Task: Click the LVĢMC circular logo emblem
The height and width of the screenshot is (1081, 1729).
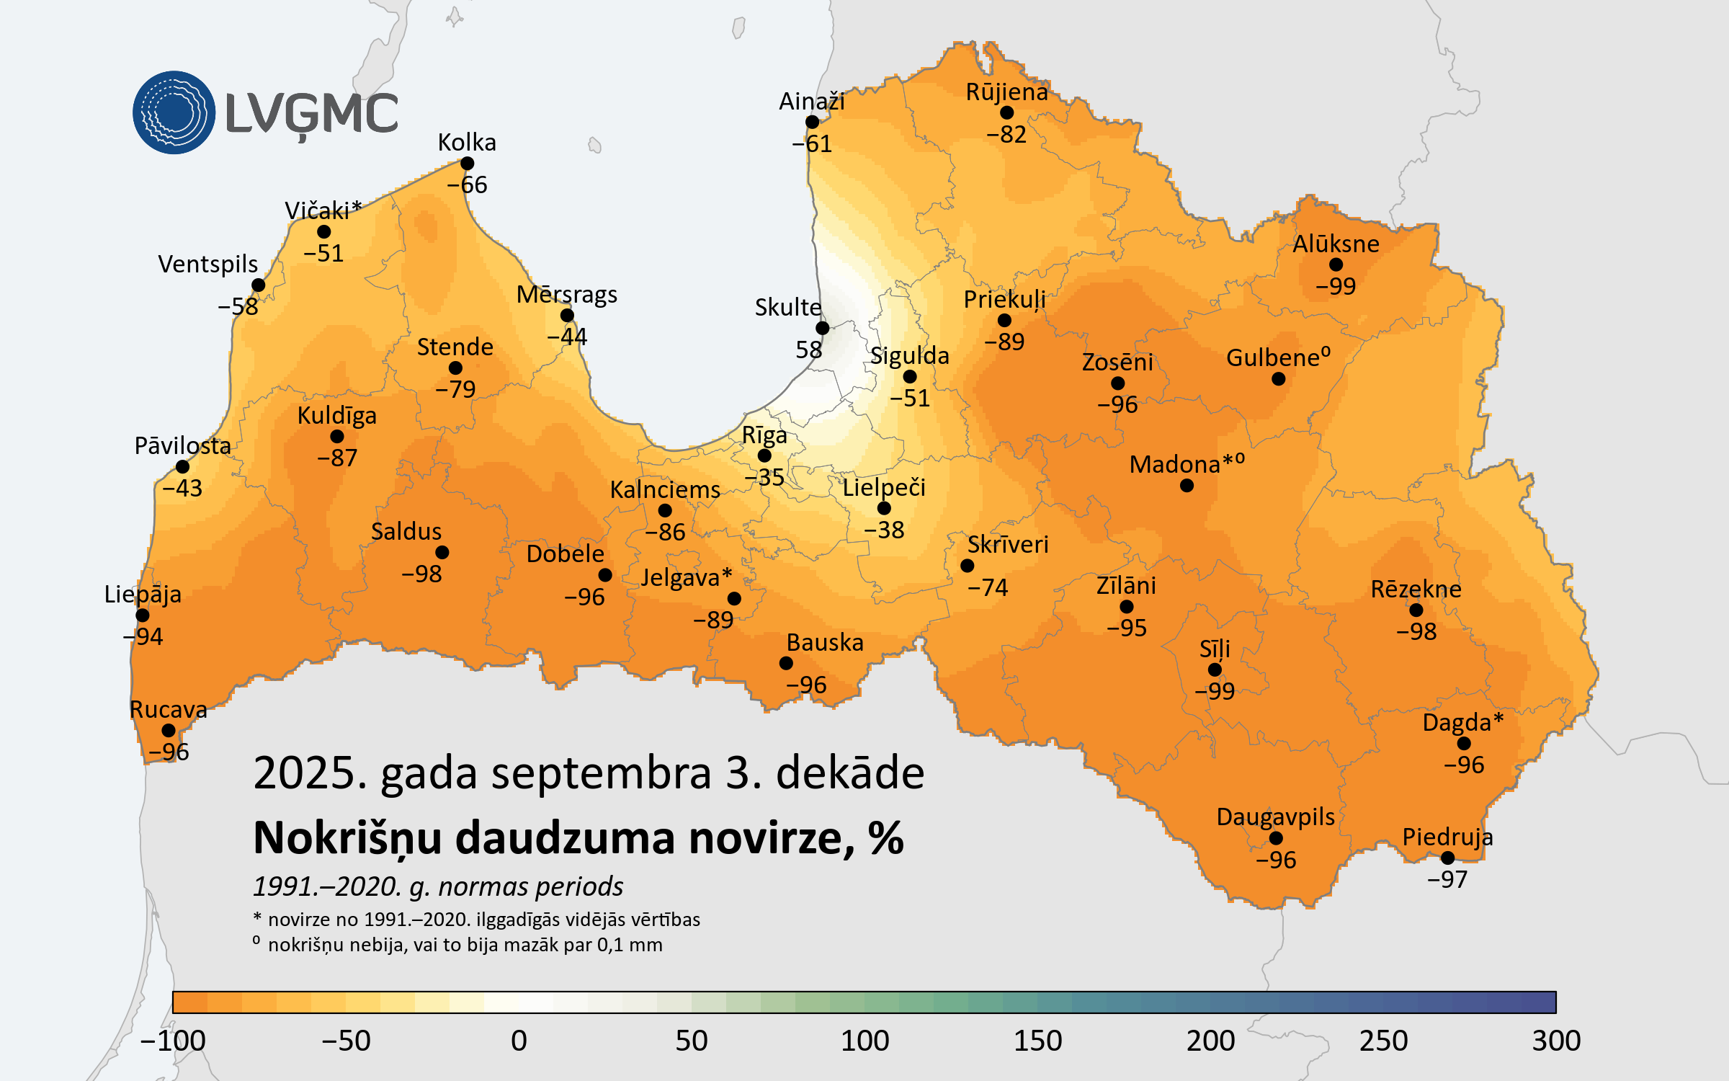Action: coord(174,112)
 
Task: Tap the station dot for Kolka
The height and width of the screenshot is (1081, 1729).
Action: coord(467,164)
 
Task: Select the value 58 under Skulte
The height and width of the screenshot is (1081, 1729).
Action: coord(808,350)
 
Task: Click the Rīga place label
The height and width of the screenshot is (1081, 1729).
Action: coord(764,435)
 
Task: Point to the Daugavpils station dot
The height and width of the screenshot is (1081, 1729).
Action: coord(1276,838)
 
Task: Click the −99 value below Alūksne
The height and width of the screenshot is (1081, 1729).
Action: coord(1336,286)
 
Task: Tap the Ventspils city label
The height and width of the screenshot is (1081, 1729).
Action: coord(207,264)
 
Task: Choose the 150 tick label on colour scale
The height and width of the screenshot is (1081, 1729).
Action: coord(1037,1041)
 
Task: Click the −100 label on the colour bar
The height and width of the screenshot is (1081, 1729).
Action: coord(173,1041)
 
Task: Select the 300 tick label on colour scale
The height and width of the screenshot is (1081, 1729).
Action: coord(1556,1041)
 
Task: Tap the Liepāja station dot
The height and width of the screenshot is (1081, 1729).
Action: coord(143,615)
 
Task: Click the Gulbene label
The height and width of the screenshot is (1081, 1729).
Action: coord(1273,357)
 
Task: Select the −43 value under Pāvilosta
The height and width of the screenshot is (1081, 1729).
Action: coord(182,488)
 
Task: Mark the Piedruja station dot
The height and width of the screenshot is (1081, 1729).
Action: coord(1447,858)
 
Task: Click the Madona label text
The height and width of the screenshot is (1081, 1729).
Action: coord(1174,465)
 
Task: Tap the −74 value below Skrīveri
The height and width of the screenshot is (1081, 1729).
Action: coord(988,587)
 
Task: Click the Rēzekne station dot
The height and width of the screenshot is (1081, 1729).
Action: coord(1416,610)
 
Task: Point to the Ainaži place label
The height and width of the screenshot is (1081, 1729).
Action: coord(811,102)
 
